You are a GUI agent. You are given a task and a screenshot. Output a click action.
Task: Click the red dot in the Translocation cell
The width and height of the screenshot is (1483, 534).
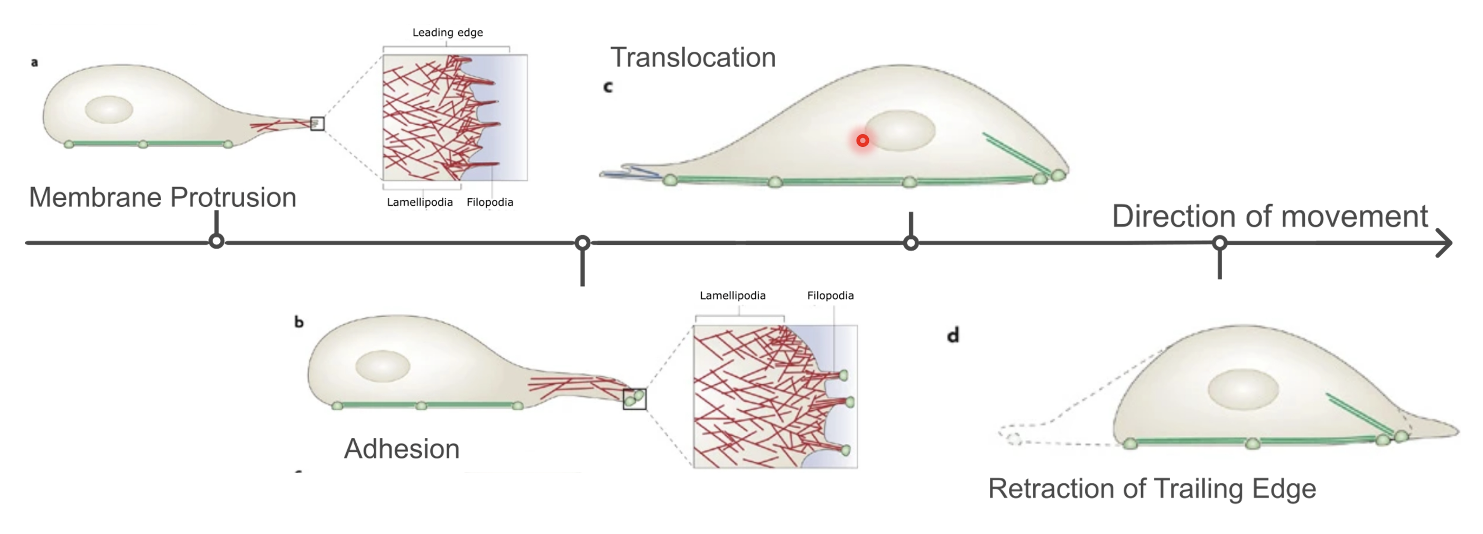click(x=863, y=141)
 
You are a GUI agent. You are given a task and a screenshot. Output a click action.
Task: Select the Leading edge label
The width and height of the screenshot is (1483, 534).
click(x=447, y=33)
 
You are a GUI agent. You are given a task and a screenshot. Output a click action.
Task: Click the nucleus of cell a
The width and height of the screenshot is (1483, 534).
click(x=109, y=109)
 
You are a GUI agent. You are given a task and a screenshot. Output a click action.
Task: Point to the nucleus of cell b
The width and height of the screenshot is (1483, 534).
click(x=382, y=366)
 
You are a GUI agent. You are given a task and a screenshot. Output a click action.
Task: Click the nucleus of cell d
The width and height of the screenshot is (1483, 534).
click(x=1243, y=390)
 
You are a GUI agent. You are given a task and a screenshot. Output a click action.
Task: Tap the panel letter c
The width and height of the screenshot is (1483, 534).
click(x=608, y=87)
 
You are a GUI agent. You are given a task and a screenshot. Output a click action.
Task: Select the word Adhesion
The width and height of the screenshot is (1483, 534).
click(x=401, y=449)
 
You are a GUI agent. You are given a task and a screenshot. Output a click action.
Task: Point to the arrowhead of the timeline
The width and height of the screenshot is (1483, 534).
click(x=1445, y=243)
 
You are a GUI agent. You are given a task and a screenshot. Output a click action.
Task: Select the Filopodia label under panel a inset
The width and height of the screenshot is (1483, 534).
click(x=490, y=202)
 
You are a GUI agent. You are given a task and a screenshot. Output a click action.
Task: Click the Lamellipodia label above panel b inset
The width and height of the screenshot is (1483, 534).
click(x=733, y=296)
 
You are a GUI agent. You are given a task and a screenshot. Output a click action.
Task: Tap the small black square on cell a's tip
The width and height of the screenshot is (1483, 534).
click(x=317, y=123)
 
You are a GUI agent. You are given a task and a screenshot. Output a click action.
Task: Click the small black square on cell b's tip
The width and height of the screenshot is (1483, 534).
click(x=634, y=399)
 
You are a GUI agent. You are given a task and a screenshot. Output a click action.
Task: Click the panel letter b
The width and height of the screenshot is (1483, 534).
click(x=299, y=322)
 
